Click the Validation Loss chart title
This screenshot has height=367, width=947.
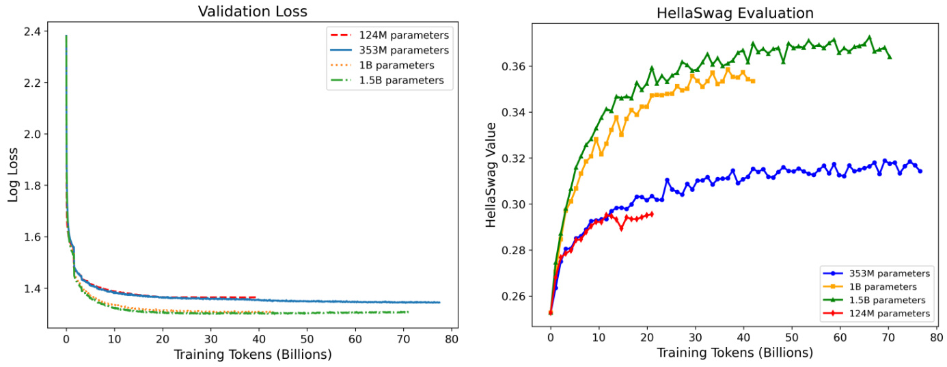pyautogui.click(x=252, y=11)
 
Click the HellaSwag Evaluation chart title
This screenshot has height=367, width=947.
pyautogui.click(x=735, y=13)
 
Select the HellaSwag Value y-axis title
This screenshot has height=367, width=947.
pyautogui.click(x=491, y=181)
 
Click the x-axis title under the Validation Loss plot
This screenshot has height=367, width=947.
pyautogui.click(x=252, y=354)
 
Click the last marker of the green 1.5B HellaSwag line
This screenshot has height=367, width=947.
pyautogui.click(x=889, y=57)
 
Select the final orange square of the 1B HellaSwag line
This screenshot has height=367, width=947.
pyautogui.click(x=753, y=81)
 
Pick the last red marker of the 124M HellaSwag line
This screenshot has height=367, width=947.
pyautogui.click(x=651, y=214)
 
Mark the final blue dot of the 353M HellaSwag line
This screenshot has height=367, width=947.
pyautogui.click(x=920, y=171)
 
